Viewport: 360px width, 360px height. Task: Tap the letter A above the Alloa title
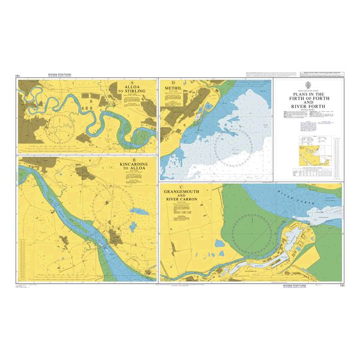click(x=131, y=83)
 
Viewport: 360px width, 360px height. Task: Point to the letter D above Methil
click(x=173, y=82)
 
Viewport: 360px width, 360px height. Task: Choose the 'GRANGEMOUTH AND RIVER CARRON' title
click(x=189, y=196)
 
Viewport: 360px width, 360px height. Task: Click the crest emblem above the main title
click(x=309, y=85)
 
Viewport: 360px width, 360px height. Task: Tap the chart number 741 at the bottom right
click(x=340, y=286)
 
